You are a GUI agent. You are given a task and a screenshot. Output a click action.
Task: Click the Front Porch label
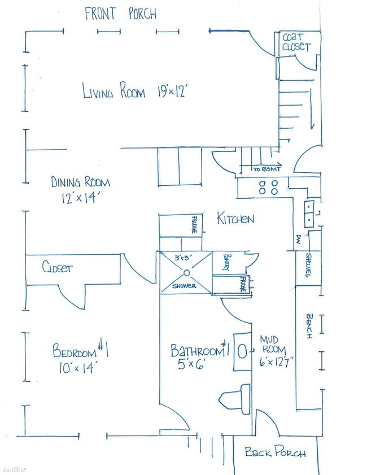120,14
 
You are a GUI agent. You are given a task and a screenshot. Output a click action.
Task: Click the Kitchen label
235,219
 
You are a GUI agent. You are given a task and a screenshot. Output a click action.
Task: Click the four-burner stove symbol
268,187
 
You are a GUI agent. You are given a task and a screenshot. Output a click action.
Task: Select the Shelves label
308,265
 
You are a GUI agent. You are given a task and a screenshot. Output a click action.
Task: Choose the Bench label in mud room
309,326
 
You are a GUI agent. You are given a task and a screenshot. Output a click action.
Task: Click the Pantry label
226,263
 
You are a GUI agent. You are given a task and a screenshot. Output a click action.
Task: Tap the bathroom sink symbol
242,351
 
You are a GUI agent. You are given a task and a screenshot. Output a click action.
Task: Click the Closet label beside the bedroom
57,267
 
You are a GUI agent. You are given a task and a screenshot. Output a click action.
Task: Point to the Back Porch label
275,452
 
